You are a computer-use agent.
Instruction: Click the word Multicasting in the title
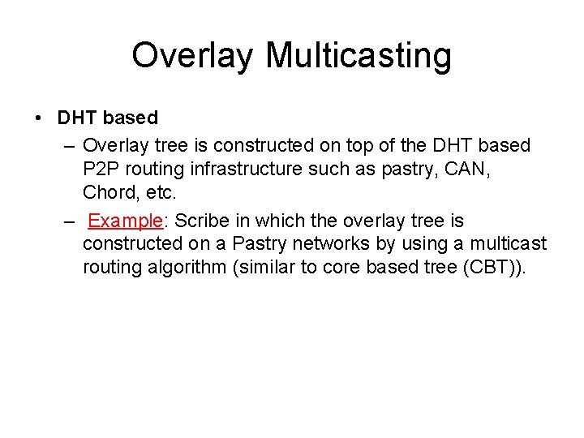(359, 56)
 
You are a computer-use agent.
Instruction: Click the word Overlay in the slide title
(193, 56)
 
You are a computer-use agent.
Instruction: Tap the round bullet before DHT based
(40, 118)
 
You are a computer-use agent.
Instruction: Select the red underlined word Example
(126, 221)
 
